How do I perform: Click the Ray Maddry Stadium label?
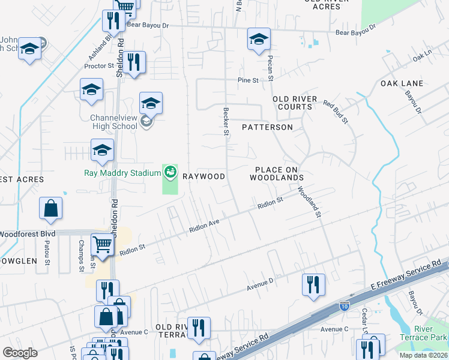click(x=122, y=173)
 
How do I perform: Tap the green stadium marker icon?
click(x=170, y=173)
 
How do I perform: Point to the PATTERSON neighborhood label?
click(x=267, y=127)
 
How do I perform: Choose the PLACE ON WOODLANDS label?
click(x=277, y=174)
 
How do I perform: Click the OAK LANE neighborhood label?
click(x=402, y=83)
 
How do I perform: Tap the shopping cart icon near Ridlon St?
click(x=103, y=245)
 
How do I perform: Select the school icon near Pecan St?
click(x=259, y=40)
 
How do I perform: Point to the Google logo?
click(x=20, y=352)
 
